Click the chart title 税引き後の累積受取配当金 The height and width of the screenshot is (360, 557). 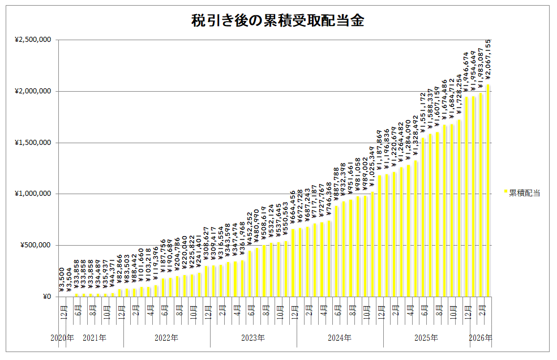[x=277, y=22]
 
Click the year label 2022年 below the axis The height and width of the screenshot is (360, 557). [x=166, y=338]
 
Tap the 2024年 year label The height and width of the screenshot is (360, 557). [x=340, y=338]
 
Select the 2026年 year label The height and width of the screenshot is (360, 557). [x=481, y=338]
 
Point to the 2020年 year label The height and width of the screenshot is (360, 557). [x=62, y=338]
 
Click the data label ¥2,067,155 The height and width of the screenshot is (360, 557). [x=488, y=59]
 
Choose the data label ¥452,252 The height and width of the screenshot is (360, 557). [x=250, y=229]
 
